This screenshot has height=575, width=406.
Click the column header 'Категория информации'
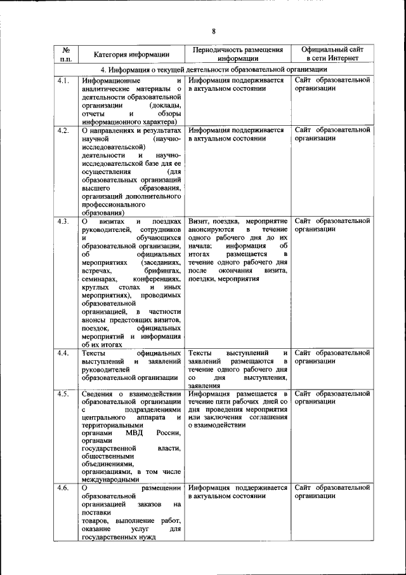point(131,54)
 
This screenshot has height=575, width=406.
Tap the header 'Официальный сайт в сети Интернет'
point(332,54)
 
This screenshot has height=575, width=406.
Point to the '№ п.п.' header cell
point(66,54)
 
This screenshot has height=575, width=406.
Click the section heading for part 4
point(213,70)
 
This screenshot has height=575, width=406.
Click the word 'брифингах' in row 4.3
point(162,271)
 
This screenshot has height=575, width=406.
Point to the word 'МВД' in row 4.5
point(134,434)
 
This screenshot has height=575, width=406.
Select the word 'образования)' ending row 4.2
point(103,213)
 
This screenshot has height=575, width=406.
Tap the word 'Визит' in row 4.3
point(199,221)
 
